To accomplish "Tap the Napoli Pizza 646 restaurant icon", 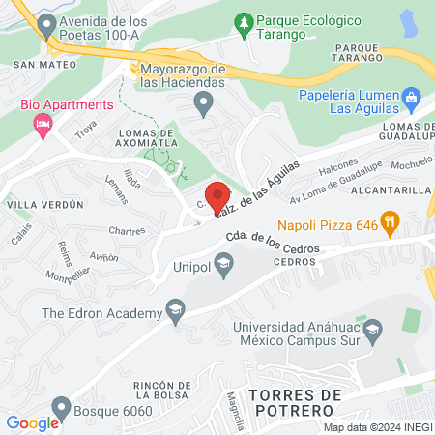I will pyautogui.click(x=391, y=222).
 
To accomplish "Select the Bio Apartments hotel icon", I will pyautogui.click(x=42, y=123).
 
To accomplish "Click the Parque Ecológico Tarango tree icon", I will pyautogui.click(x=246, y=20).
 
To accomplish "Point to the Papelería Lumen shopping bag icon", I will pyautogui.click(x=411, y=96).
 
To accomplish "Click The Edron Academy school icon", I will pyautogui.click(x=175, y=312).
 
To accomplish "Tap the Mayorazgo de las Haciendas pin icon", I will pyautogui.click(x=203, y=102).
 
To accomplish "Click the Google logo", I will pyautogui.click(x=33, y=422).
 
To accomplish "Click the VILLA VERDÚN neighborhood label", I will pyautogui.click(x=41, y=205).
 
